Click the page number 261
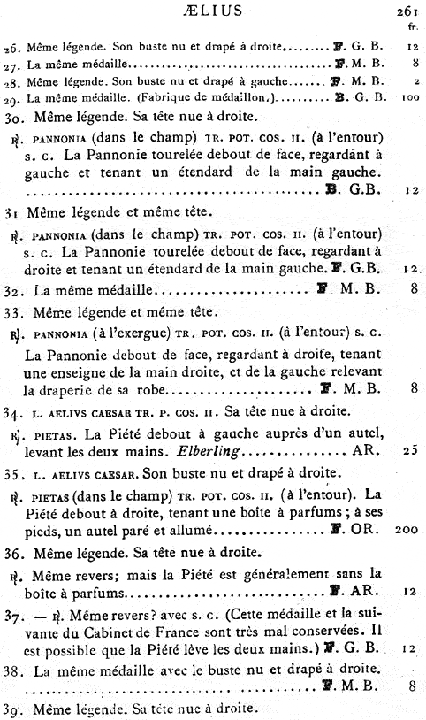coord(405,11)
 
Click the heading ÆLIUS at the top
coord(212,10)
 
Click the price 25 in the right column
coord(408,449)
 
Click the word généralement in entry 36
coord(303,574)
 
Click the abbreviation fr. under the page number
coord(411,26)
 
